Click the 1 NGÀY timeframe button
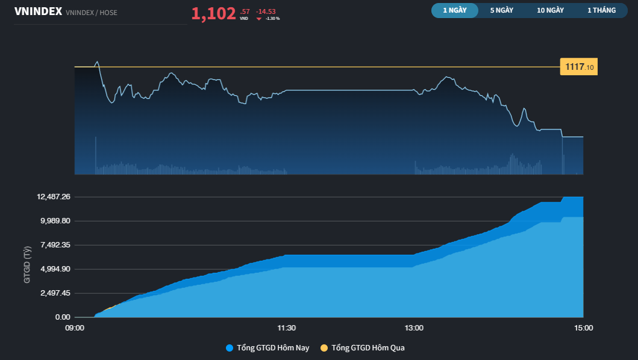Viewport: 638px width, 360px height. (454, 10)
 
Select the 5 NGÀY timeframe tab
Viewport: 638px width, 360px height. (501, 10)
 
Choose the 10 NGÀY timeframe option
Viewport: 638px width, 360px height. (550, 10)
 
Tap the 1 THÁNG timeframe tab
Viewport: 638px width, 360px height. (602, 10)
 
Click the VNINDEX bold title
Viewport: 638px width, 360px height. (38, 11)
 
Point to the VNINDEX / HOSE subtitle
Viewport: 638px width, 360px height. (91, 12)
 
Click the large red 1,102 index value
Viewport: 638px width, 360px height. (213, 13)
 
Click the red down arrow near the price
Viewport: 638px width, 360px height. (259, 19)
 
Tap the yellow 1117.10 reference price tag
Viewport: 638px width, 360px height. (578, 67)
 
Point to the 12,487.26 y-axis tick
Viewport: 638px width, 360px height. (54, 197)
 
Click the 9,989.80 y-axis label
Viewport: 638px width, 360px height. (55, 221)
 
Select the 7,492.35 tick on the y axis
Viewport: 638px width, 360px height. (55, 245)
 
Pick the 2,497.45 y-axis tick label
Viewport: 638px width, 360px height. (55, 293)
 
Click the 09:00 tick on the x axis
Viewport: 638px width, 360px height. (75, 328)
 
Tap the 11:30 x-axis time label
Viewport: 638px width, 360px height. (286, 328)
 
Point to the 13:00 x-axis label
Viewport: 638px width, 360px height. (414, 328)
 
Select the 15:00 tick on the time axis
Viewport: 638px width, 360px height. (583, 328)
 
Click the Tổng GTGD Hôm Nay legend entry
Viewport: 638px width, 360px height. (269, 348)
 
